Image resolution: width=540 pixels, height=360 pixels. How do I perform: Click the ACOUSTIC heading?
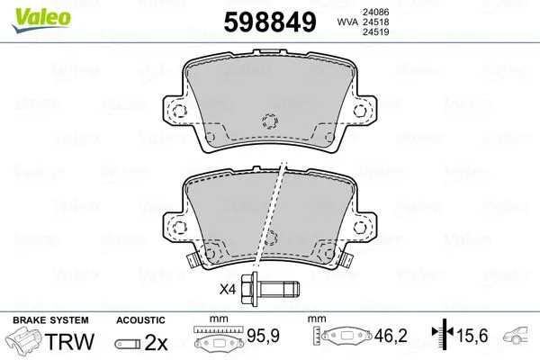coord(140,319)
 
